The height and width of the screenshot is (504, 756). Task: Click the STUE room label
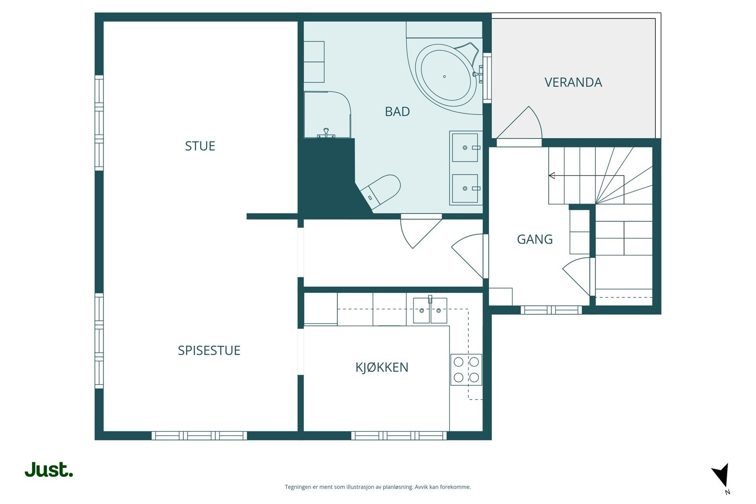[200, 146]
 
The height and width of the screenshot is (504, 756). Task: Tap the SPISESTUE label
[209, 350]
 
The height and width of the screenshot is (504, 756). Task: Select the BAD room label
[397, 111]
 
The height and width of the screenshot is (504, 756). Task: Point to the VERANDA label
[573, 82]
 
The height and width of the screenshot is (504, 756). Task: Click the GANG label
[534, 239]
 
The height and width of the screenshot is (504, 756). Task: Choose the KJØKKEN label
[382, 367]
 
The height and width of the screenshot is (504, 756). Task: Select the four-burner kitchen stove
[466, 370]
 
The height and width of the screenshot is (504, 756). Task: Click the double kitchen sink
[430, 310]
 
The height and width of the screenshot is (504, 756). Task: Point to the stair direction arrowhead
[552, 175]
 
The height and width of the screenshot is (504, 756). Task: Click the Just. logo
[49, 470]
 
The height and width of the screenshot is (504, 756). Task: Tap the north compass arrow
[721, 475]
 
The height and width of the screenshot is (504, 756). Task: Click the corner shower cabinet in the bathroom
[327, 114]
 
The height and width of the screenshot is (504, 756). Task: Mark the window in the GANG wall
[551, 310]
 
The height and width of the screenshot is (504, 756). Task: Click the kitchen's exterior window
[399, 436]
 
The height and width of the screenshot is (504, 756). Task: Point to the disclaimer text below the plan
[378, 487]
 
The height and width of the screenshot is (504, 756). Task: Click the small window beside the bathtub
[487, 77]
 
